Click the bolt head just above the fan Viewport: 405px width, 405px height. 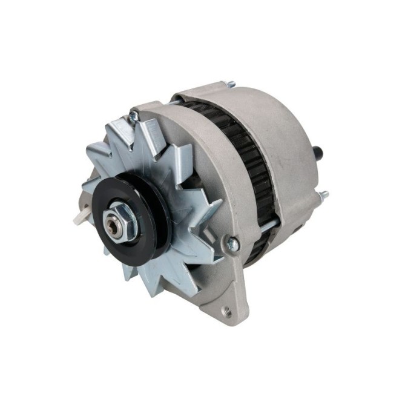pos(132,116)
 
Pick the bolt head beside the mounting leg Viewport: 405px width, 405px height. pos(232,243)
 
